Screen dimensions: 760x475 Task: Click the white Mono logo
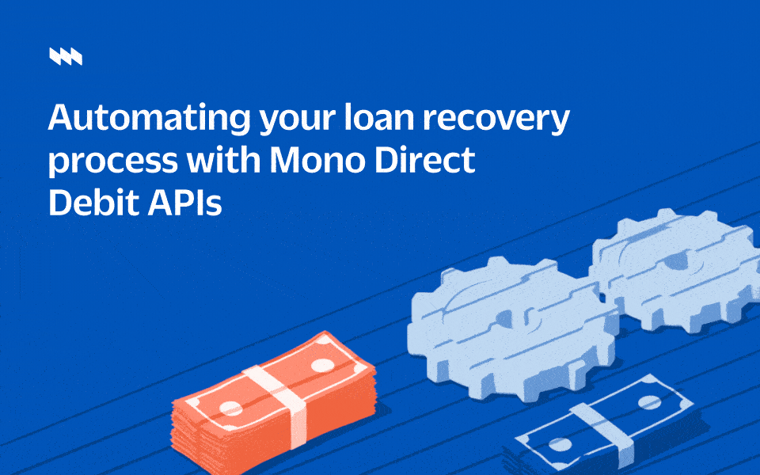(x=66, y=56)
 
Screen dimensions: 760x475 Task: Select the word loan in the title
(x=379, y=117)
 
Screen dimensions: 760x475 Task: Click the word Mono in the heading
(x=317, y=160)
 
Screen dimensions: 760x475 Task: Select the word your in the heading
(x=297, y=121)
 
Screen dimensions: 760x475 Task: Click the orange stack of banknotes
(x=273, y=403)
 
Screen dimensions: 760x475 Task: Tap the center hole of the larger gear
(x=505, y=317)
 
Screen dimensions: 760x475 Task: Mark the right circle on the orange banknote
(x=322, y=365)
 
